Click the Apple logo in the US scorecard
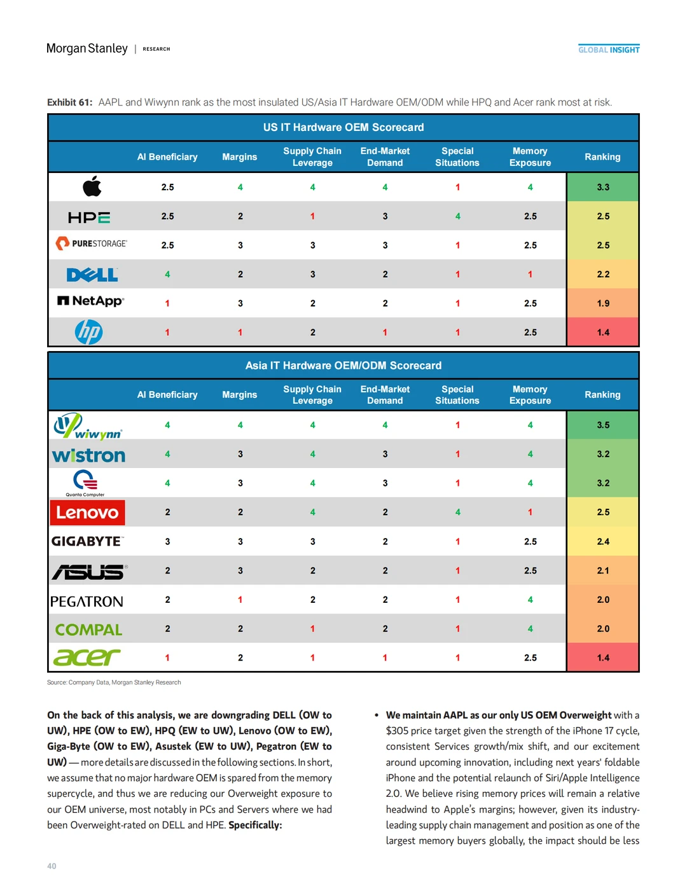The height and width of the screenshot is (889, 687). click(x=92, y=187)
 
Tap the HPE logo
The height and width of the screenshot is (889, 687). click(x=89, y=217)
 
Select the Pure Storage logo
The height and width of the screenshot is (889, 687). click(x=92, y=244)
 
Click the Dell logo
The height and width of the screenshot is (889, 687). click(x=92, y=275)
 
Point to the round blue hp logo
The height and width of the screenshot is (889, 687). click(x=89, y=332)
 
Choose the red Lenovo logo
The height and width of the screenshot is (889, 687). click(x=88, y=513)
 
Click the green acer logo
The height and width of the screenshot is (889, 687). click(x=87, y=657)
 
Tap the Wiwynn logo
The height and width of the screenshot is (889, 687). click(x=88, y=426)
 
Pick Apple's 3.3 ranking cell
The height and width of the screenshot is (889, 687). click(x=602, y=187)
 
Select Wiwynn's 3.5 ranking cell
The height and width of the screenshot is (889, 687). click(x=602, y=425)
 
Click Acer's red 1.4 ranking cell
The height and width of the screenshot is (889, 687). click(x=602, y=658)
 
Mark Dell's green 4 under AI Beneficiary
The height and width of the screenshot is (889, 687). click(x=167, y=274)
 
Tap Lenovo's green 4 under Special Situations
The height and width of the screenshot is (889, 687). click(x=457, y=512)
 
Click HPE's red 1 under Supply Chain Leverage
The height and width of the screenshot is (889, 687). click(x=312, y=216)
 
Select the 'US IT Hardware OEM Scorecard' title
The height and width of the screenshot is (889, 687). click(x=343, y=127)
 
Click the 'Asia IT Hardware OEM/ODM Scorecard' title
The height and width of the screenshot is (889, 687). click(x=343, y=366)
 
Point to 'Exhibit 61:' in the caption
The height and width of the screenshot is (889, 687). click(x=69, y=102)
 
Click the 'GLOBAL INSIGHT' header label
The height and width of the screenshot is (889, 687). click(x=609, y=50)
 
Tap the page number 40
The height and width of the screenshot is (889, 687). click(x=52, y=866)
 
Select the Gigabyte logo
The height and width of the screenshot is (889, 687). click(x=87, y=541)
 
